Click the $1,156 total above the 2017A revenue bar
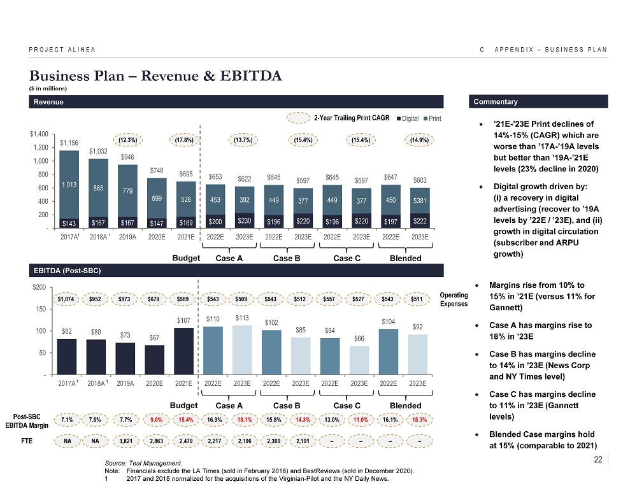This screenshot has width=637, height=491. (69, 144)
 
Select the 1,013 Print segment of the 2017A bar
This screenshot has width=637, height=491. (69, 185)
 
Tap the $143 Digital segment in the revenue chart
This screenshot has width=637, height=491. (69, 222)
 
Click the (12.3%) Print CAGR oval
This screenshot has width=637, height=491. (128, 139)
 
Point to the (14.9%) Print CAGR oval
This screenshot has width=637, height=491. (419, 139)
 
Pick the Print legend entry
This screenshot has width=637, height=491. (433, 118)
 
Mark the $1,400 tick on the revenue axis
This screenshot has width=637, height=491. (38, 134)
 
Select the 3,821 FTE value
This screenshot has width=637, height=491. (128, 441)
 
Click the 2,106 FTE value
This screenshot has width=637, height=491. (245, 441)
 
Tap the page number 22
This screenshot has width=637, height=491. (597, 459)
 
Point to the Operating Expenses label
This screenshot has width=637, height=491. (454, 299)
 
